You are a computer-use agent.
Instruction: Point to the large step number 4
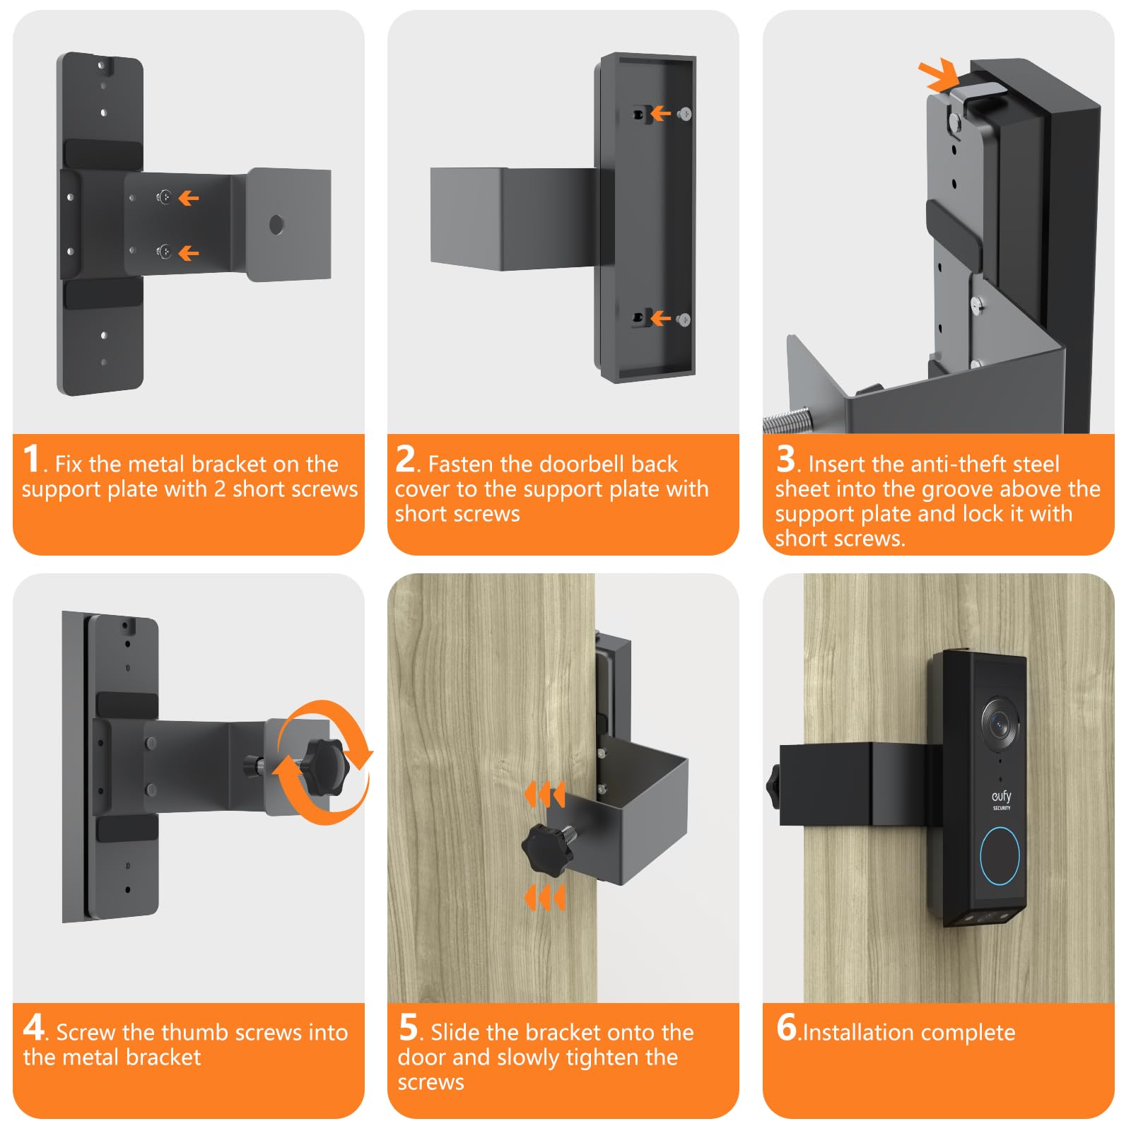(x=34, y=1026)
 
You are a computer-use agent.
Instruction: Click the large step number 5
(x=409, y=1026)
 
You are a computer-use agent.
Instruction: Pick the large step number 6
(x=787, y=1026)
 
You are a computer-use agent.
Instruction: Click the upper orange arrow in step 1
(x=188, y=198)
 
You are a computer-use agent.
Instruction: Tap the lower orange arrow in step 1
(x=188, y=252)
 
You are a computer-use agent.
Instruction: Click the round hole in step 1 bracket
(x=276, y=225)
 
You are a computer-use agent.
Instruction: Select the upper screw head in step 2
(x=684, y=113)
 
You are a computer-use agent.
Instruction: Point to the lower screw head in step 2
(x=684, y=320)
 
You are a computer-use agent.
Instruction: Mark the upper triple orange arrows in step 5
(x=544, y=795)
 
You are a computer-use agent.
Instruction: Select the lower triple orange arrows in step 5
(x=544, y=898)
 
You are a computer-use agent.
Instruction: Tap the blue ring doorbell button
(x=1000, y=855)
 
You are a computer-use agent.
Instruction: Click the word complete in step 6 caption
(x=963, y=1033)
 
